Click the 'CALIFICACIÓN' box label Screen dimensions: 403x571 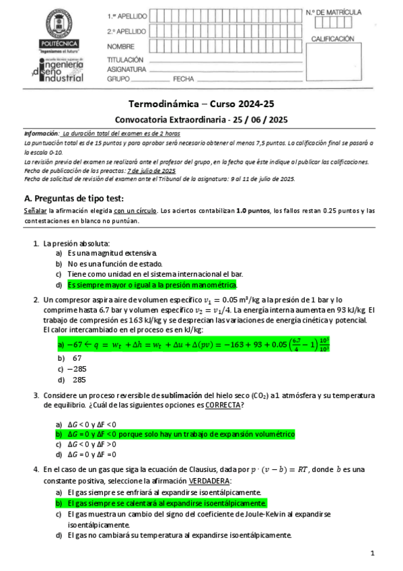pyautogui.click(x=332, y=39)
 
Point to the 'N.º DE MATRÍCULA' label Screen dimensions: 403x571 pyautogui.click(x=333, y=12)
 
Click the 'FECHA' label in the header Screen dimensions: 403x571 pyautogui.click(x=183, y=79)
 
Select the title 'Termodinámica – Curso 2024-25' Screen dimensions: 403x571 pyautogui.click(x=201, y=104)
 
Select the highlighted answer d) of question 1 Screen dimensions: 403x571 pyautogui.click(x=153, y=285)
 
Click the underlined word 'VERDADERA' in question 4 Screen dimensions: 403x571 pyautogui.click(x=209, y=480)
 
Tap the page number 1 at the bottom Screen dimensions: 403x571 pyautogui.click(x=372, y=553)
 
